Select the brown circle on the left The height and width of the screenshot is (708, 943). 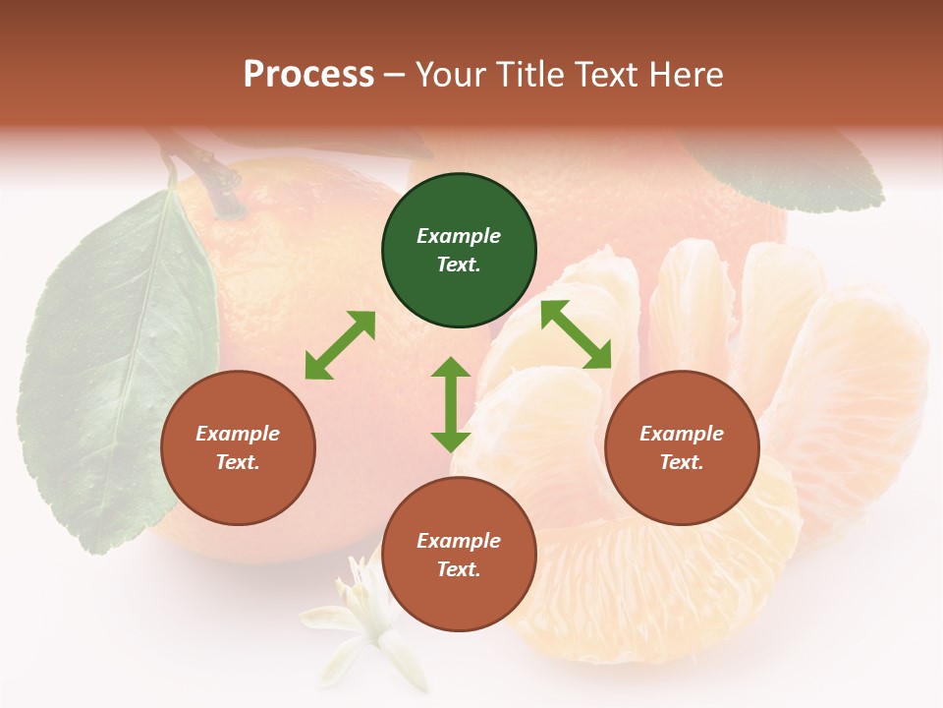(x=238, y=447)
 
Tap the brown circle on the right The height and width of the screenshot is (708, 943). (x=682, y=447)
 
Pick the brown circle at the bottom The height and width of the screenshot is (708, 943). (x=459, y=555)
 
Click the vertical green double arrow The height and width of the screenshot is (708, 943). (x=451, y=404)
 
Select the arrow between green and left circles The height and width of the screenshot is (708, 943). (x=340, y=345)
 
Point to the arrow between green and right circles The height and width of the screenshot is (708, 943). (x=577, y=334)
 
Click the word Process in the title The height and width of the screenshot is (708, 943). (x=308, y=74)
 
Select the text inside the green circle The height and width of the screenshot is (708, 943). (x=459, y=250)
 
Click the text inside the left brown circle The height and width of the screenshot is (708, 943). (x=238, y=447)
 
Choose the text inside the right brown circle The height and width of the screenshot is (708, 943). (x=682, y=447)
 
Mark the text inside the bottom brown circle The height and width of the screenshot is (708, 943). (x=459, y=555)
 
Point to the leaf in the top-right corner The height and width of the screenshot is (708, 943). (x=786, y=167)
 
